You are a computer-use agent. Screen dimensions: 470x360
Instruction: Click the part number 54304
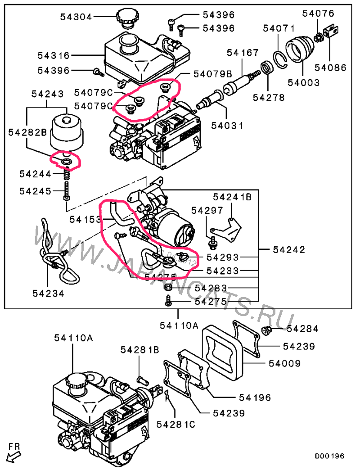[76, 18]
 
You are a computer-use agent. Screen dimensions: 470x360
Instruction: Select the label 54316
[54, 56]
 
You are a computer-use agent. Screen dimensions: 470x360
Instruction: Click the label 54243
[47, 94]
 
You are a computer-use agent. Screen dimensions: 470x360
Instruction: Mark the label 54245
[35, 191]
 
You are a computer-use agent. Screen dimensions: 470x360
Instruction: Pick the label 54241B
[232, 197]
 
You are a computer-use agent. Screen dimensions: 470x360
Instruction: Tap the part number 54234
[48, 293]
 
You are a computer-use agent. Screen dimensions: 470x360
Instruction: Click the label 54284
[302, 329]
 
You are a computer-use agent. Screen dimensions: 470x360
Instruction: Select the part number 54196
[255, 398]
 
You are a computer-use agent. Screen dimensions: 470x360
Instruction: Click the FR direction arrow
[14, 453]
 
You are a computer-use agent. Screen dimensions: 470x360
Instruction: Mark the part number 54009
[285, 363]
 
